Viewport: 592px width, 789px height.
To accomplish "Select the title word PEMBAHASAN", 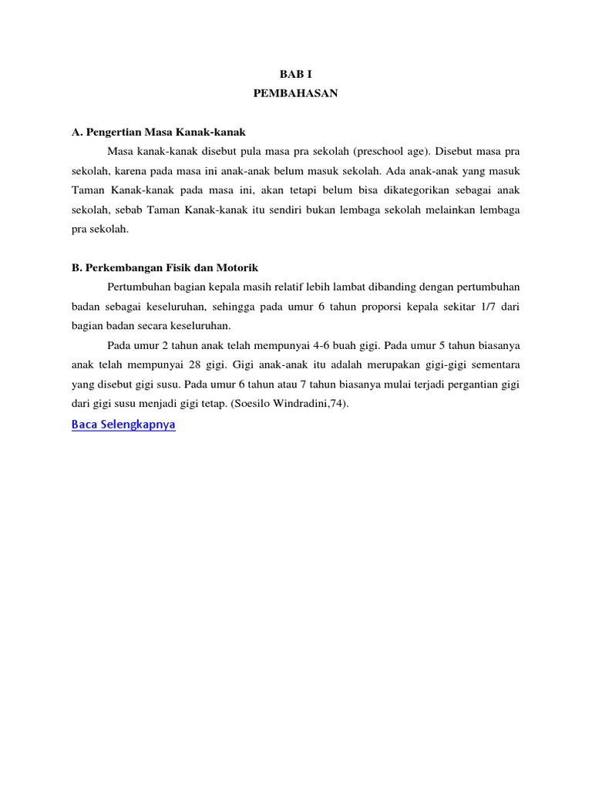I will (x=296, y=94).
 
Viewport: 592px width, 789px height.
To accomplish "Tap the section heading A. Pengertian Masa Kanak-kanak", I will (x=158, y=132).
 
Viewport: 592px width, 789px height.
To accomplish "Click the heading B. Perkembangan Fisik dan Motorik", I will (x=165, y=267).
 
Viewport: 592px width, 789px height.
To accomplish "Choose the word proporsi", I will (x=395, y=306).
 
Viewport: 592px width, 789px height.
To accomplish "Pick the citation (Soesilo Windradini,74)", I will (x=294, y=403).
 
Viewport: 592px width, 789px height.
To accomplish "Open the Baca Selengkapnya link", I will (x=123, y=425).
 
